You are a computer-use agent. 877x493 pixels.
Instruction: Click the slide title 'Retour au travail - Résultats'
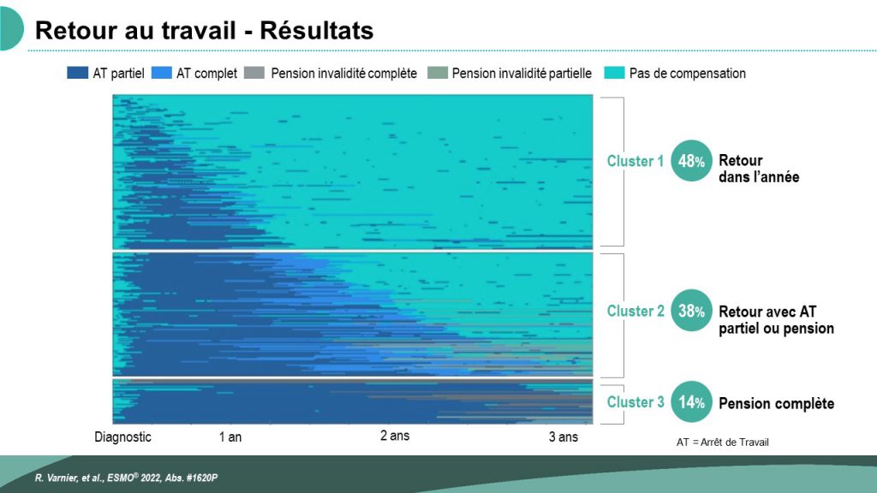[x=204, y=30]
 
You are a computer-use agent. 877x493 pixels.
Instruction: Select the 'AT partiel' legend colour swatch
[x=77, y=73]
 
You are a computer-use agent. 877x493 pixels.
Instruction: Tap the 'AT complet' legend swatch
[x=161, y=73]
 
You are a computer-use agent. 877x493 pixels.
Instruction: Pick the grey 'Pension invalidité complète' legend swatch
[x=254, y=73]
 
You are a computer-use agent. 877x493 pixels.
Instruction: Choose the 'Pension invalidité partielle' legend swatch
[x=438, y=73]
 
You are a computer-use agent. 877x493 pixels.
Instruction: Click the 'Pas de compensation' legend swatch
[x=614, y=73]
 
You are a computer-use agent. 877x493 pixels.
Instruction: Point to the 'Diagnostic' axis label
[x=122, y=437]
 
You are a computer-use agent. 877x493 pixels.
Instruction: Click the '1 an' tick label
[x=230, y=437]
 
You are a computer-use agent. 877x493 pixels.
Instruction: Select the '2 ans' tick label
[x=395, y=436]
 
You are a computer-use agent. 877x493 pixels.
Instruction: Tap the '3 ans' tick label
[x=564, y=437]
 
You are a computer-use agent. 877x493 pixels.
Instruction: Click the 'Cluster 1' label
[x=635, y=161]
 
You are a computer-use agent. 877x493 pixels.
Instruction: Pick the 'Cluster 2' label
[x=635, y=311]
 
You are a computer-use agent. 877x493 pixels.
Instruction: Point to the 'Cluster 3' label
[x=635, y=402]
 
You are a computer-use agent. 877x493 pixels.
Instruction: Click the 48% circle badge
[x=691, y=161]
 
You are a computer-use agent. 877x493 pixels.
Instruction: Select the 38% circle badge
[x=691, y=310]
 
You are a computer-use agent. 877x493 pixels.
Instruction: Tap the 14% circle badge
[x=691, y=402]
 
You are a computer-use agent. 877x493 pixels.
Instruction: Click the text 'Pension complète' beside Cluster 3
[x=776, y=404]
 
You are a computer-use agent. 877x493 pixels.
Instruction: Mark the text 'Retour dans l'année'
[x=759, y=169]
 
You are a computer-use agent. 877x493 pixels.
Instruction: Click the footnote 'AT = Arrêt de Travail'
[x=723, y=443]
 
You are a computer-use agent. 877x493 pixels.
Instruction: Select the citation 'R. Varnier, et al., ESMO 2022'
[x=126, y=478]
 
